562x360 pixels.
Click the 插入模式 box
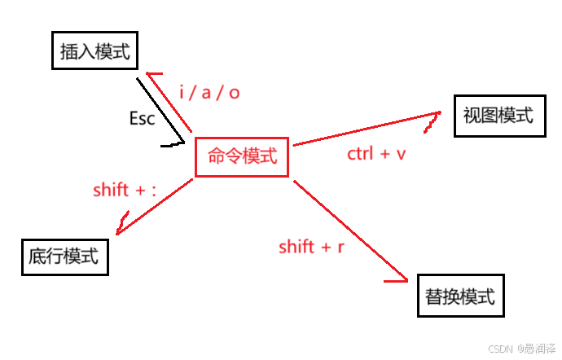click(95, 51)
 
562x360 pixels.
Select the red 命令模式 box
click(242, 156)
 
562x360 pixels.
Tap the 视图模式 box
click(498, 116)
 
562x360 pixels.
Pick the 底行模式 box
click(64, 257)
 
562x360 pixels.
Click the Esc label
click(142, 118)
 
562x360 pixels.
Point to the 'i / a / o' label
click(209, 92)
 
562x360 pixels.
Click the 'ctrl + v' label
click(376, 153)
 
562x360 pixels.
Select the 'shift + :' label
click(124, 190)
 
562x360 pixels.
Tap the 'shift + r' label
click(310, 246)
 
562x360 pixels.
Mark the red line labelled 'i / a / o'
click(169, 101)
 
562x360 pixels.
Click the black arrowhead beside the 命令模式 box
click(173, 144)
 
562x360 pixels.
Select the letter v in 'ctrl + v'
click(401, 154)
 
